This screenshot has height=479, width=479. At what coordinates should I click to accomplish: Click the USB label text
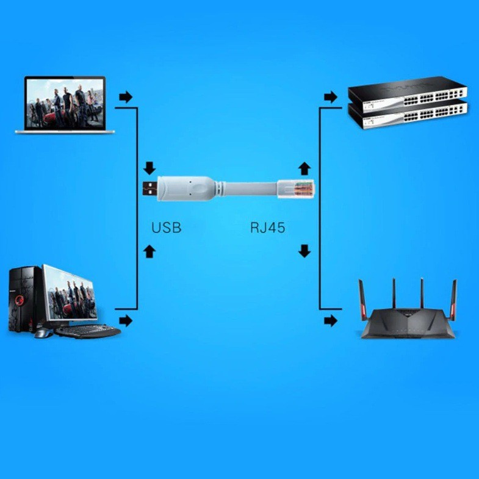click(x=166, y=228)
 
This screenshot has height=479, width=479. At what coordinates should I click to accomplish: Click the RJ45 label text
click(x=267, y=228)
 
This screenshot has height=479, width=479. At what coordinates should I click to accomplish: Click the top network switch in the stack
click(x=408, y=92)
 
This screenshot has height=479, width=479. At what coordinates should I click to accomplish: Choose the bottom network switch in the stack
click(x=408, y=114)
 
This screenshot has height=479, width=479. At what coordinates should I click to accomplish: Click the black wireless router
click(x=408, y=317)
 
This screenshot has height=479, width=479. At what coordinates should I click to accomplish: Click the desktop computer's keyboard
click(x=88, y=331)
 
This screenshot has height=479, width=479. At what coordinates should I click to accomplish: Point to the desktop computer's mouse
click(x=41, y=333)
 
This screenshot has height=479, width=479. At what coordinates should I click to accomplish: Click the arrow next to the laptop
click(x=125, y=97)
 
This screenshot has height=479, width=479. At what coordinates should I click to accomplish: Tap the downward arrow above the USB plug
click(x=150, y=168)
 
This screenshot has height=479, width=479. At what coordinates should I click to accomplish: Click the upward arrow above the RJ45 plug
click(x=304, y=168)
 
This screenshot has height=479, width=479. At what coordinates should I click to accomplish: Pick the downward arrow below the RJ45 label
click(x=304, y=250)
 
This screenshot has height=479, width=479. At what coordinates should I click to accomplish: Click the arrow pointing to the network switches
click(x=330, y=96)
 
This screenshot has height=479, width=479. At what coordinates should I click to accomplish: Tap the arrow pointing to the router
click(x=330, y=320)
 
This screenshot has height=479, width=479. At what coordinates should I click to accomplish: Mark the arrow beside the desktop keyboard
click(x=126, y=320)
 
